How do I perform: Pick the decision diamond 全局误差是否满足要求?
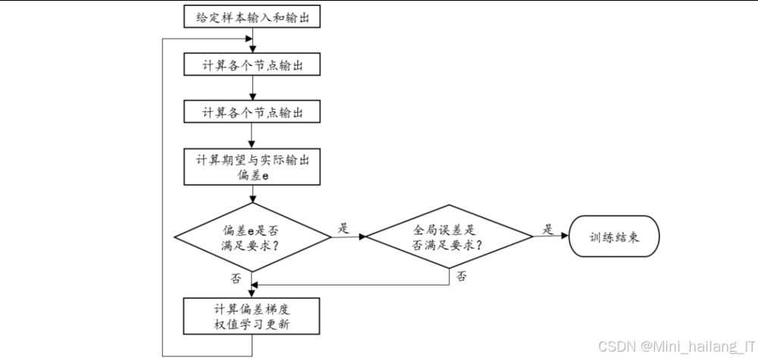click(x=448, y=236)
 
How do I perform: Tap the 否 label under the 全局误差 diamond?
click(x=462, y=277)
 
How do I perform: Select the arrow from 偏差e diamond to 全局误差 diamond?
click(x=349, y=236)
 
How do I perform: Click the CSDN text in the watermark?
click(x=615, y=346)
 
